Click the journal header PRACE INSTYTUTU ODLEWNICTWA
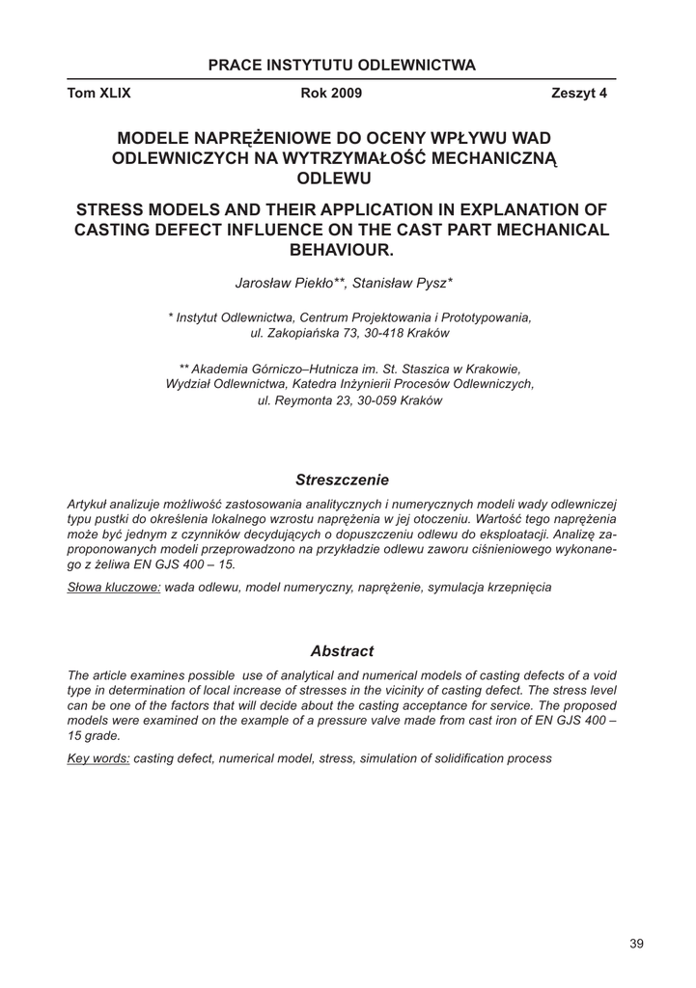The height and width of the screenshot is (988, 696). pos(342,66)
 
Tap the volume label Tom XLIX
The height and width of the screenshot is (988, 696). pos(98,94)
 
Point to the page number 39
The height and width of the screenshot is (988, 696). pos(636,944)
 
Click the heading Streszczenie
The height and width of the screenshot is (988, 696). pos(342,479)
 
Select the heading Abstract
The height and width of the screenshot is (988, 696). pos(342,651)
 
